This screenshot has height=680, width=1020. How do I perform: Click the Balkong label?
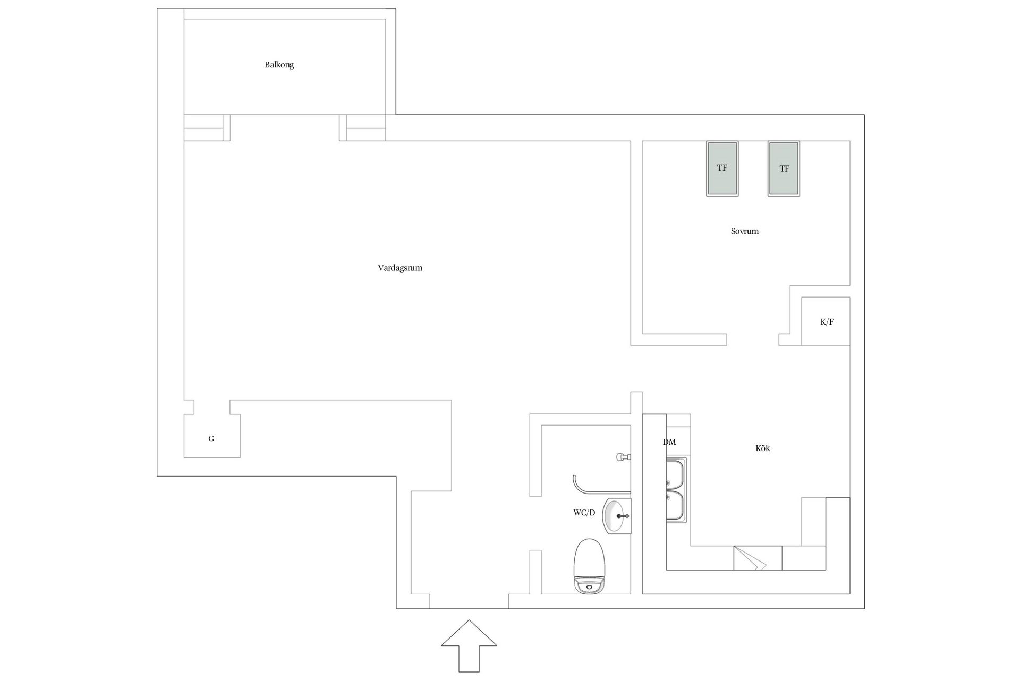pos(279,65)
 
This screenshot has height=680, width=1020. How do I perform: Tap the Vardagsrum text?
pos(400,268)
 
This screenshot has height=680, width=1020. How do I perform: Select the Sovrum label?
pos(744,231)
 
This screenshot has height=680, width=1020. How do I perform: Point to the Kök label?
pos(762,448)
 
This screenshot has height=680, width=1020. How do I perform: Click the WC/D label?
pos(584,513)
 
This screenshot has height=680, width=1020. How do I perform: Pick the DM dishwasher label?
pos(669,442)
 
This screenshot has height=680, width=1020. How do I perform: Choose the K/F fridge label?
pos(827,322)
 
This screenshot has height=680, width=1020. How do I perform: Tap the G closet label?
pos(211,439)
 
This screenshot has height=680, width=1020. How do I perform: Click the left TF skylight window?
pos(722,168)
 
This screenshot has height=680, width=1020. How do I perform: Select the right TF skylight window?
pos(784,168)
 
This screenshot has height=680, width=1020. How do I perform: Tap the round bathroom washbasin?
pos(616,515)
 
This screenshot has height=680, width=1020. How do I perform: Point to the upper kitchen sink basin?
pos(676,474)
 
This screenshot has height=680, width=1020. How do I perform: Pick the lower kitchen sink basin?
pos(676,506)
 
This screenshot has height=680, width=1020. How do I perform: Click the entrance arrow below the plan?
pos(469,645)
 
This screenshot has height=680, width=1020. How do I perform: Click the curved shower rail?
pos(575,483)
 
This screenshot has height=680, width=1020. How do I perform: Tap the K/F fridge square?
pos(826,321)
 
